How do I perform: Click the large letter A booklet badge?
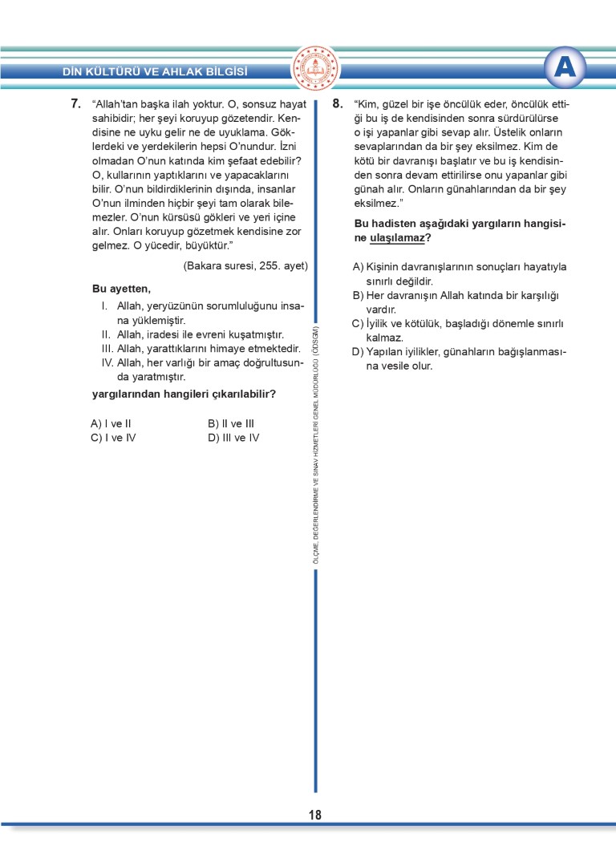565,69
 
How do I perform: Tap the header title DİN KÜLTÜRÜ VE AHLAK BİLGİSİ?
155,71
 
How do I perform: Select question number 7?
75,103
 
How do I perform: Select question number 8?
338,103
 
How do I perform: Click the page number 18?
314,815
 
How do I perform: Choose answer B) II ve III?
231,423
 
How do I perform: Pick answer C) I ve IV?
113,438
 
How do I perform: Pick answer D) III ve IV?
233,438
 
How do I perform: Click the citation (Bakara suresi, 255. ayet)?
245,265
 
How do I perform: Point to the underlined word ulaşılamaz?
396,238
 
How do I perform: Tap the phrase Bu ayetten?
121,289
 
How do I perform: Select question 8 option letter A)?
358,267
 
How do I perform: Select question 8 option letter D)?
359,352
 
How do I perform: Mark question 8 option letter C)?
358,324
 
